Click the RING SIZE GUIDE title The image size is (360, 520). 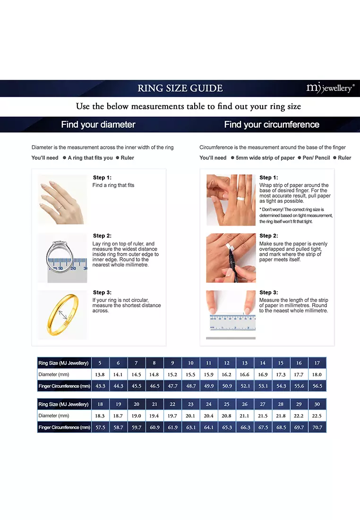[x=180, y=88]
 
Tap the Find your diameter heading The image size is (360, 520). [x=98, y=125]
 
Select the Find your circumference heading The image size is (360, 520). [x=272, y=125]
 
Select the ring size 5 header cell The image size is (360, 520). [x=100, y=363]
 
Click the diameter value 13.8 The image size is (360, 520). [x=100, y=374]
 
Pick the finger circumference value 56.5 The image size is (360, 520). [x=317, y=386]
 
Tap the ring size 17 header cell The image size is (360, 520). [x=317, y=363]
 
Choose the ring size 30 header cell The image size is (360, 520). [x=317, y=404]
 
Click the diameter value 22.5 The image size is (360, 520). [x=317, y=416]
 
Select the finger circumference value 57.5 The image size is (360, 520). [x=100, y=427]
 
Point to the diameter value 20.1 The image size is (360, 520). [x=190, y=416]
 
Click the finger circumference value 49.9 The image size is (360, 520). [x=208, y=386]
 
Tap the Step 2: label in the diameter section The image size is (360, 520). [x=102, y=236]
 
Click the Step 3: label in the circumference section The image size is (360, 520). [x=268, y=293]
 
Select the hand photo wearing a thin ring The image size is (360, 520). [x=62, y=199]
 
